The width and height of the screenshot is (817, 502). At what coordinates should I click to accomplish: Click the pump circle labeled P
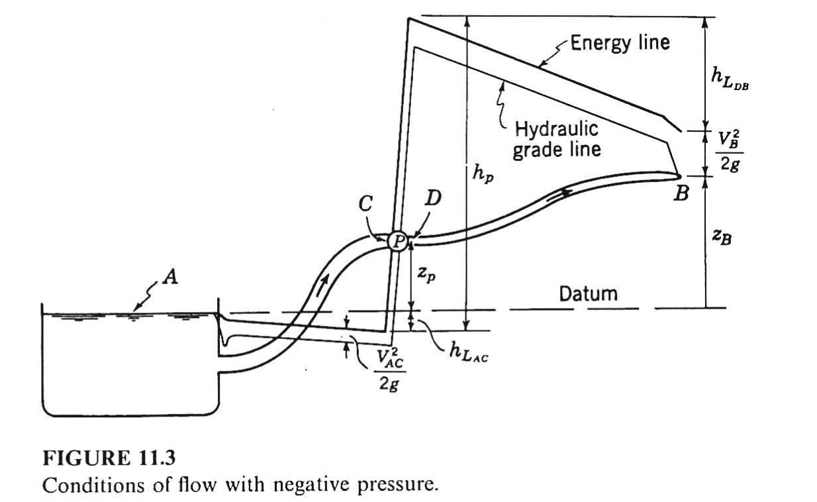click(x=397, y=240)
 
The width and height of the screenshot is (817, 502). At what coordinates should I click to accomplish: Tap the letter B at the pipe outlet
click(x=681, y=195)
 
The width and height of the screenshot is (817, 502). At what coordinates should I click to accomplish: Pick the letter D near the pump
click(x=434, y=198)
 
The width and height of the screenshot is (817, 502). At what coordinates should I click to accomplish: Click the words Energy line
click(x=620, y=43)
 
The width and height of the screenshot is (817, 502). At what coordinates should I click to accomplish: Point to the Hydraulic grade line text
click(x=557, y=139)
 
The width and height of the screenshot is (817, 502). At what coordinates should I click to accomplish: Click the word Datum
click(x=588, y=293)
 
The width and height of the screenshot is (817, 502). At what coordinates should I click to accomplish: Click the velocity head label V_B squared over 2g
click(x=730, y=151)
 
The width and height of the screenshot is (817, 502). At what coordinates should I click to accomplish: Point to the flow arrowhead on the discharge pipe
click(x=567, y=192)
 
